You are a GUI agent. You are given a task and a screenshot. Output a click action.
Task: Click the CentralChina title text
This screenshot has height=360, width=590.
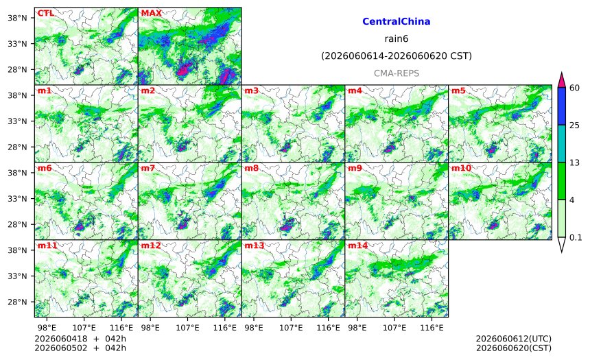(397, 21)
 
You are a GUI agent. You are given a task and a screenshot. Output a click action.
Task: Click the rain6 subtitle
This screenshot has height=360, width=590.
(397, 39)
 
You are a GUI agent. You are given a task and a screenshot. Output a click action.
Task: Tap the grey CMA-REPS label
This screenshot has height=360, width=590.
(397, 73)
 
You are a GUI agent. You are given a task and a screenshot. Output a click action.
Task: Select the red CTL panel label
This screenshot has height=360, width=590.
(45, 13)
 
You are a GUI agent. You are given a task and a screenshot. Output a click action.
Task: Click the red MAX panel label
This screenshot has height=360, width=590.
(151, 13)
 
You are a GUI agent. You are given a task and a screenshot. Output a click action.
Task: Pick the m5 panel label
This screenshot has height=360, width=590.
(458, 91)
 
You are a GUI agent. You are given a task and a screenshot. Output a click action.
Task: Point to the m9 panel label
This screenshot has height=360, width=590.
(355, 168)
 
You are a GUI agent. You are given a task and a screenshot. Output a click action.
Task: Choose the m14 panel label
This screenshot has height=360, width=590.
(357, 245)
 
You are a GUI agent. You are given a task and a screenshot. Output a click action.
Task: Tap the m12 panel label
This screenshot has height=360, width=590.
(151, 245)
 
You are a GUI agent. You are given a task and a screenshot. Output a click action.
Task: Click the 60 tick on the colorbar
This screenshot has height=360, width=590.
(574, 88)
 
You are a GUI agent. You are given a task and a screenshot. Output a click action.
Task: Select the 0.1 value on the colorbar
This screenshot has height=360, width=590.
(576, 237)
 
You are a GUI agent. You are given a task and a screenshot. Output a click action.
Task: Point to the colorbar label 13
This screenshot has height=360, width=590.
(574, 163)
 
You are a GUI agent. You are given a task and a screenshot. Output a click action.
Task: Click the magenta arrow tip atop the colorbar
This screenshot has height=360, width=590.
(562, 73)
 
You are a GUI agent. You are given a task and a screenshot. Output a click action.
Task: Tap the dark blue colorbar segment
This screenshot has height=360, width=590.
(562, 106)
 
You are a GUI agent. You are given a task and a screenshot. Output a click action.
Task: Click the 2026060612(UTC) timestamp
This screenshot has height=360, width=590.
(514, 339)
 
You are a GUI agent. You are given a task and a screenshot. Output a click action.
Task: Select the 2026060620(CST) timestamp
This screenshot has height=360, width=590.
(514, 348)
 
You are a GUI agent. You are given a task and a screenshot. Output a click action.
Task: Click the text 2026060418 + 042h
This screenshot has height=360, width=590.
(80, 339)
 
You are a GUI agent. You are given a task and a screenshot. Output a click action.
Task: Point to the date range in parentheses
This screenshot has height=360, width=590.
(397, 56)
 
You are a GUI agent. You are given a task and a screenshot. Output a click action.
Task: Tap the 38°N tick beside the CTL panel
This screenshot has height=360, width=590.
(18, 18)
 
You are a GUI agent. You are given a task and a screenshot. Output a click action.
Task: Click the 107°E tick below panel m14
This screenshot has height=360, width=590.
(394, 328)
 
